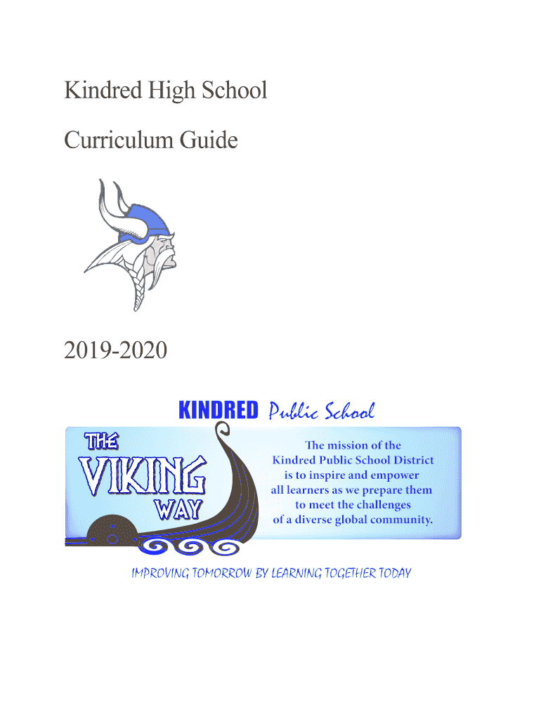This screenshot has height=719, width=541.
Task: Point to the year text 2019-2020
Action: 116,349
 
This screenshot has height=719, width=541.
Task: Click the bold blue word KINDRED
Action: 219,411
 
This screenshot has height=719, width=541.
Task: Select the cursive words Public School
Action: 322,411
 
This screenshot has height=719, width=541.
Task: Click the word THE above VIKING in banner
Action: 101,442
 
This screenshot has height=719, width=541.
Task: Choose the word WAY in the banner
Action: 176,508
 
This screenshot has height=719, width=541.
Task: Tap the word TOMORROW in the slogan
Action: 217,574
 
